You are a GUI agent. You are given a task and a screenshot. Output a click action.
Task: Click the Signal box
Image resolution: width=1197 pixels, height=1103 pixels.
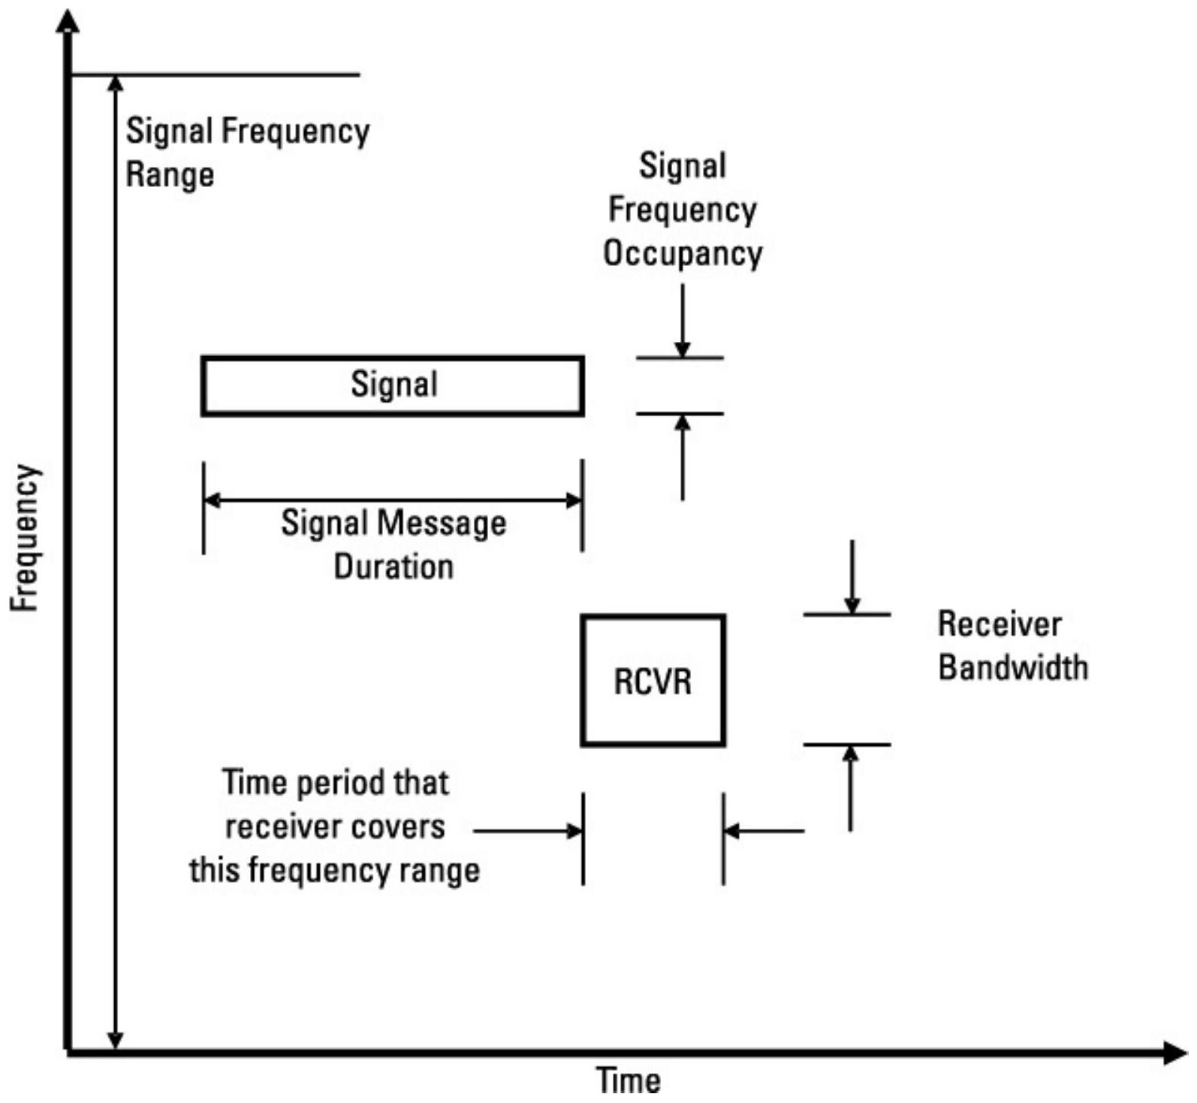pos(392,385)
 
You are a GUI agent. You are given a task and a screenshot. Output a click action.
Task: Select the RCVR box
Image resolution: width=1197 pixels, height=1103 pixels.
pos(653,681)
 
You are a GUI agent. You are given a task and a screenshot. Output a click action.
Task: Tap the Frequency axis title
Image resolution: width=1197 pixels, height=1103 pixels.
pos(25,537)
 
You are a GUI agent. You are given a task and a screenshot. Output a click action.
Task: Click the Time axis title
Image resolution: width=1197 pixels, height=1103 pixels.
pos(629,1080)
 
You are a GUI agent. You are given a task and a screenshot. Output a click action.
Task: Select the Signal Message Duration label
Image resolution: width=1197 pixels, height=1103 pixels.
pos(393,544)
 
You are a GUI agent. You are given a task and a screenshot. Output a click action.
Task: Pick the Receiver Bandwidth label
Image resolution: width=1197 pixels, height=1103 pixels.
pos(1012,645)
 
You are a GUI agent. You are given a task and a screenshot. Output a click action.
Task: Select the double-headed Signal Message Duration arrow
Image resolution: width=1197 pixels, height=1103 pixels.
pos(393,500)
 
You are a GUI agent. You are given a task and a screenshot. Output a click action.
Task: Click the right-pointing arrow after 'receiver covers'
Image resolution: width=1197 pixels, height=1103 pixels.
pos(529,831)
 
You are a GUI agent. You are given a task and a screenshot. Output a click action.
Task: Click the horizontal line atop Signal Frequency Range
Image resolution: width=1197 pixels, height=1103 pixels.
pos(215,75)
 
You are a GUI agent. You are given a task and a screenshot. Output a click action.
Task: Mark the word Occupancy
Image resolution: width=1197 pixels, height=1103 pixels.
pos(683,253)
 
